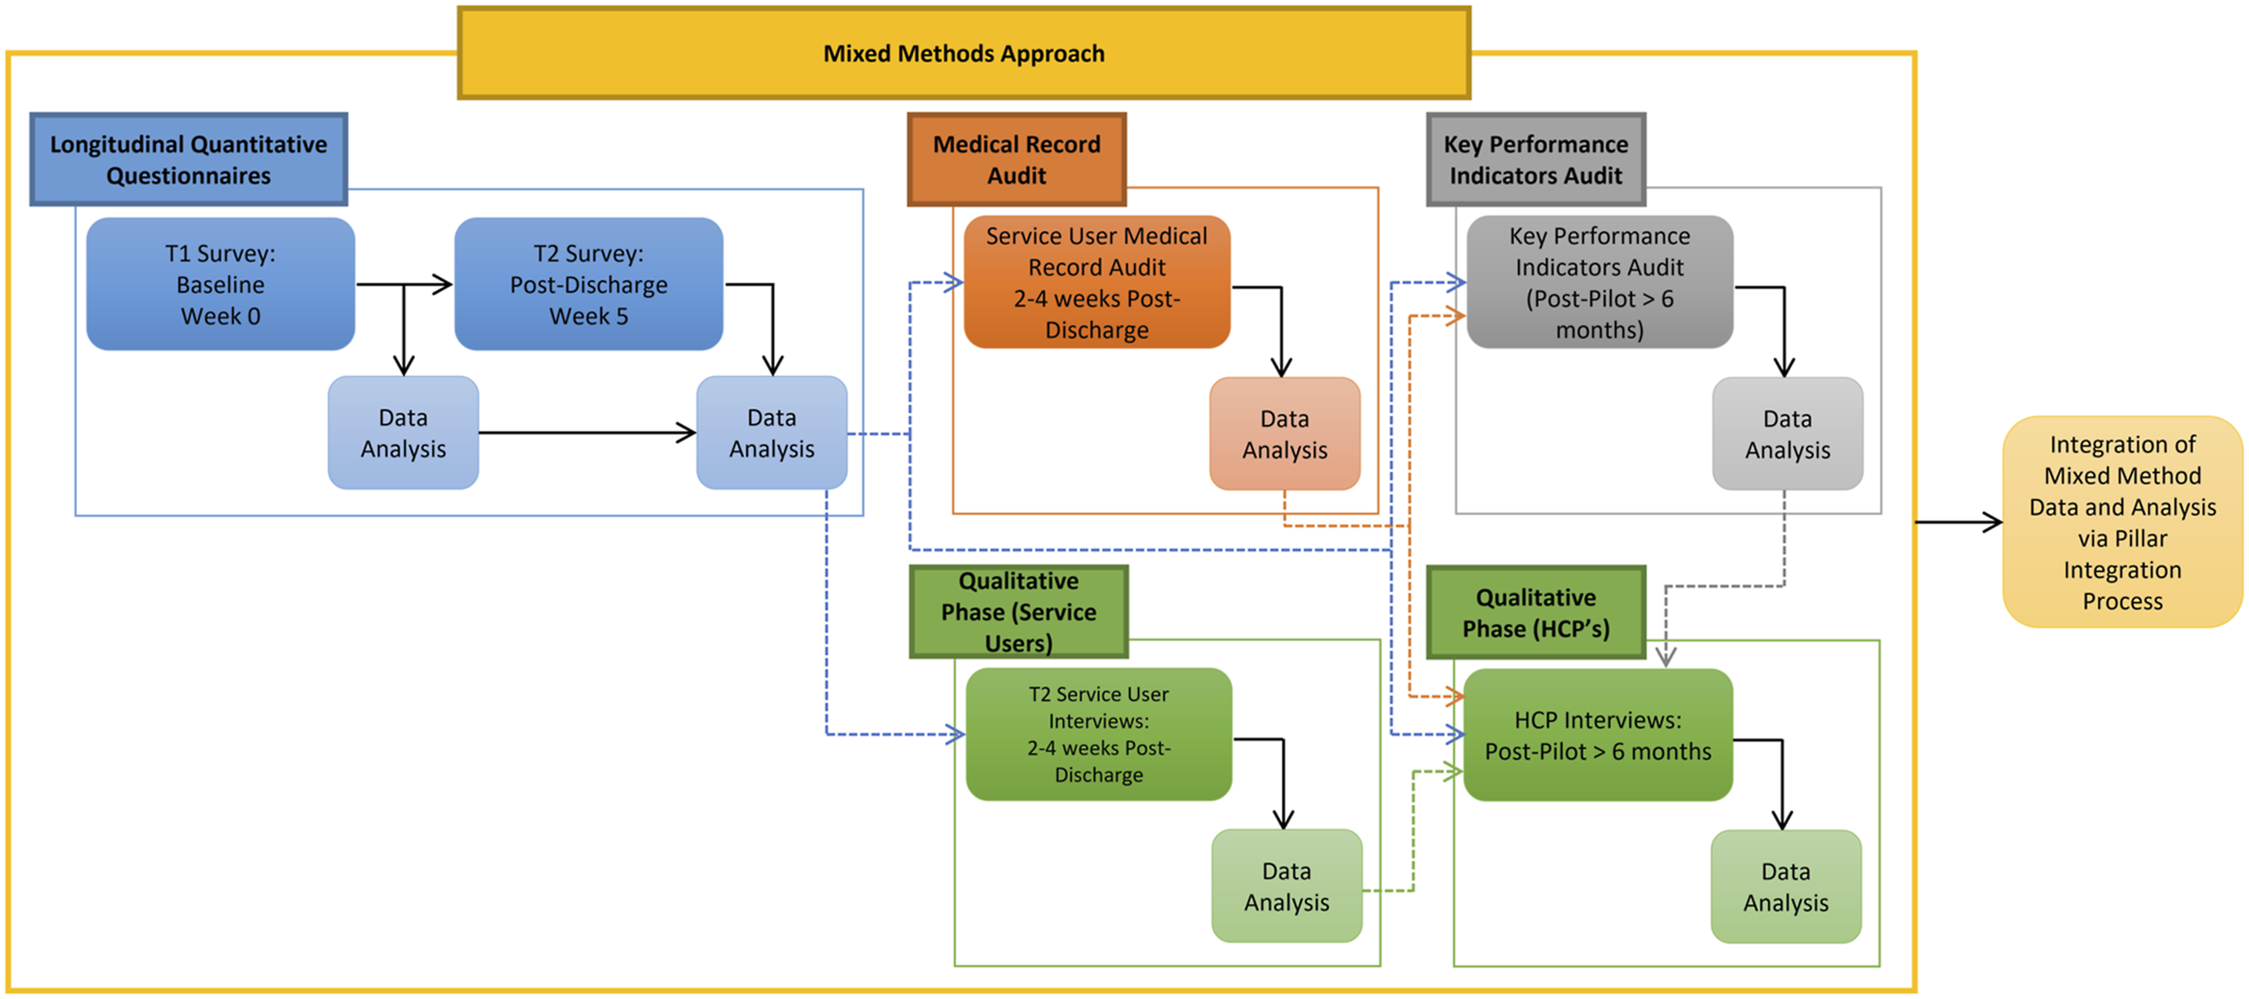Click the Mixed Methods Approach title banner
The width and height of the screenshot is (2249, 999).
coord(964,53)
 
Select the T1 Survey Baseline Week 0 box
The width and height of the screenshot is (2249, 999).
coord(220,284)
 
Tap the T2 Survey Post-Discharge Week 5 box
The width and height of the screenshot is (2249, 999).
coord(589,284)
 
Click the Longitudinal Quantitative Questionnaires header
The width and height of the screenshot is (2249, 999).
coord(188,159)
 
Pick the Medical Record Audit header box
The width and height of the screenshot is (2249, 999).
coord(1016,159)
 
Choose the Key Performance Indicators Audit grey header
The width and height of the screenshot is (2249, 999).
coord(1536,159)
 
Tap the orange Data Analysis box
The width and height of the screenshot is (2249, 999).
coord(1284,434)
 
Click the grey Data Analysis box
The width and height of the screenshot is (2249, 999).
coord(1787,434)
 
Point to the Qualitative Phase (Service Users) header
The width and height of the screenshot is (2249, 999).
coord(1018,611)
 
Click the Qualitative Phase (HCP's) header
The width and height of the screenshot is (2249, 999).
coord(1536,612)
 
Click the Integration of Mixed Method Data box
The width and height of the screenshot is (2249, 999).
coord(2123,522)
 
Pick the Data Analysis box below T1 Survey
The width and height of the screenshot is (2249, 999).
coord(404,433)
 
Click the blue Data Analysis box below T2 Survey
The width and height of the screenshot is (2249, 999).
coord(772,433)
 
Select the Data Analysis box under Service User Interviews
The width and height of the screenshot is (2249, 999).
coord(1286,886)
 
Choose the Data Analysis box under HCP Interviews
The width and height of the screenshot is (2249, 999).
coord(1786,886)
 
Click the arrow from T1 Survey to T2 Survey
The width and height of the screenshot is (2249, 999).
coord(404,284)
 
